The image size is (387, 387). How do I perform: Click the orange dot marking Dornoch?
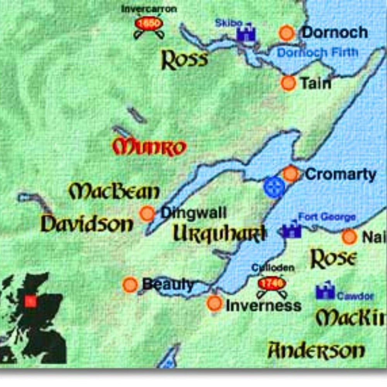[287, 33]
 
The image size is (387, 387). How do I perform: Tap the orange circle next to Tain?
[288, 83]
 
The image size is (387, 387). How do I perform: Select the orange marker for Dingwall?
[147, 213]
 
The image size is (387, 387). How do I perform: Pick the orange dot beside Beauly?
[130, 284]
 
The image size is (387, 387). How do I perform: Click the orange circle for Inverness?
[214, 303]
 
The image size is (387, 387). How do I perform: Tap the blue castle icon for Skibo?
[247, 33]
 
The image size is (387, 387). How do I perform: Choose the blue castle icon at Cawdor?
[325, 292]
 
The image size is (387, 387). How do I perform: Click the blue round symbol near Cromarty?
[274, 187]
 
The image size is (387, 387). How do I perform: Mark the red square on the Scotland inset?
[30, 301]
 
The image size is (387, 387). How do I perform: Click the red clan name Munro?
[149, 147]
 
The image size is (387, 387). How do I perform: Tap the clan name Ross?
[184, 60]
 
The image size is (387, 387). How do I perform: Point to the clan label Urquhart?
[219, 234]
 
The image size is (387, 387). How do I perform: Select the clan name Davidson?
[87, 224]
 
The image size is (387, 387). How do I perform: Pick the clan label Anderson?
[316, 351]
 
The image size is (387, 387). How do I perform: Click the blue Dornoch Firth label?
[317, 52]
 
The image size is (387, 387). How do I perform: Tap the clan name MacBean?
[114, 191]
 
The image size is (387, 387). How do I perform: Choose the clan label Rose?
[333, 259]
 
